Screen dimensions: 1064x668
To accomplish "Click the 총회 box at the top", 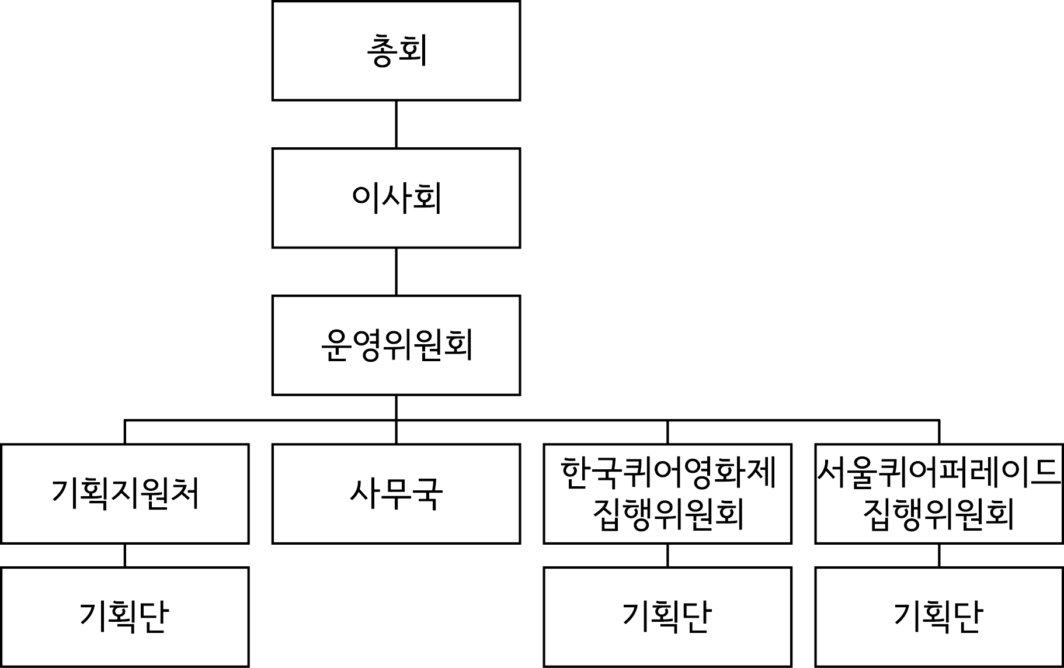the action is click(x=396, y=51).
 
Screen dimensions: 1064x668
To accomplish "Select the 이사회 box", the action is click(x=396, y=198).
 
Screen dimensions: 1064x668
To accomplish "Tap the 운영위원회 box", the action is click(x=396, y=345).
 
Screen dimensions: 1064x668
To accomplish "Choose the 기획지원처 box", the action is click(x=125, y=494).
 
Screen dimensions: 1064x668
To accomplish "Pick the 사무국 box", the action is click(x=396, y=494).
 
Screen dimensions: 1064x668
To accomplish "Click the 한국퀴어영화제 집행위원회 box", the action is click(x=667, y=494).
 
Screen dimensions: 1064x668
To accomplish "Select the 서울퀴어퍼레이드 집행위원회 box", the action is click(x=939, y=494).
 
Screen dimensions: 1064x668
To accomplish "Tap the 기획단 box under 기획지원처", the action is click(x=125, y=617).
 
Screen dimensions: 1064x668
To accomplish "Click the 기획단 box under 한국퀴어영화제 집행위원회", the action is click(x=667, y=617).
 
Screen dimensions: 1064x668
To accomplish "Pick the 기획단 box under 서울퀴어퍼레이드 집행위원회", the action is click(x=939, y=617).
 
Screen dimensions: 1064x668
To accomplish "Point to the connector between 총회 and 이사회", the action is click(x=396, y=124).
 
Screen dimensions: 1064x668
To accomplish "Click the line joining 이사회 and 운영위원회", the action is click(x=396, y=272).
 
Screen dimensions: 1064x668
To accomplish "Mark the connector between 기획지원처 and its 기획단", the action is click(x=125, y=555).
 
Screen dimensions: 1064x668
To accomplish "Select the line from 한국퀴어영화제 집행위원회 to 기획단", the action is click(x=667, y=555).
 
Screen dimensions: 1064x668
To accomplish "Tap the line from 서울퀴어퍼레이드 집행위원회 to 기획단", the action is click(x=939, y=555).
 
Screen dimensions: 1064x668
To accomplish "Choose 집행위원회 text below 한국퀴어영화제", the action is click(x=667, y=514).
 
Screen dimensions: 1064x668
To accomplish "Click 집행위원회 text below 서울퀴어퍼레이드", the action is click(x=939, y=514).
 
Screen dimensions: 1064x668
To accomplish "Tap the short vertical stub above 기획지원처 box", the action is click(x=125, y=432).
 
